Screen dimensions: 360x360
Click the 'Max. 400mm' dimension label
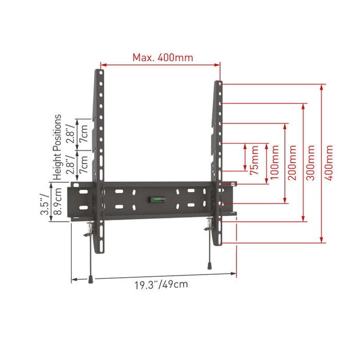[x=163, y=57]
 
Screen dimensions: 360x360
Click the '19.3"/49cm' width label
[x=154, y=284]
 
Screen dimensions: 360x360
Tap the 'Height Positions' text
[x=58, y=147]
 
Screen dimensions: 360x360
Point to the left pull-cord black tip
[x=91, y=279]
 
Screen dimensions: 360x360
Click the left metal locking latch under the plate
[x=91, y=226]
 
